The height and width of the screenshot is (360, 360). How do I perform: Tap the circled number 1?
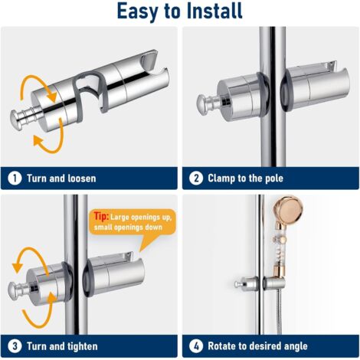pos(15,178)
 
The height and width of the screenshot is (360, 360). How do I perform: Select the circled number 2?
pos(196,178)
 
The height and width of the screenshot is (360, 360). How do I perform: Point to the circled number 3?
pos(15,346)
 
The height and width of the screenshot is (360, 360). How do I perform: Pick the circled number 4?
pos(196,346)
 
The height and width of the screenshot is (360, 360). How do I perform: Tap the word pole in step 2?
pos(274,178)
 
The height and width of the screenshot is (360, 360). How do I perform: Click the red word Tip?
pos(101,216)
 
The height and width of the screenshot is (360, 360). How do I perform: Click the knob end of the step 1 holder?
pos(17,120)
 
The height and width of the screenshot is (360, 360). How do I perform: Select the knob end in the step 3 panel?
pos(14,290)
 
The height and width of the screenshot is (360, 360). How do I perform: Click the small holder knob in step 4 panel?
pos(238,284)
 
